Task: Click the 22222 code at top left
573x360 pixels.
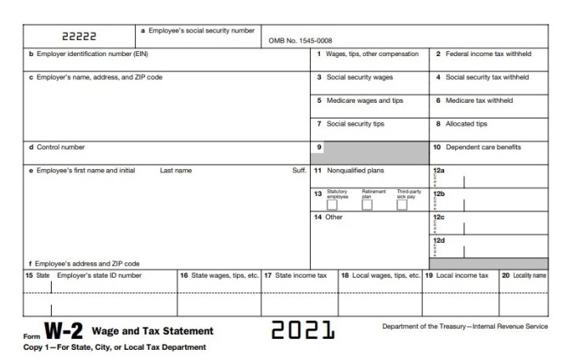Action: (80, 37)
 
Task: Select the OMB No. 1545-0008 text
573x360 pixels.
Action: (300, 40)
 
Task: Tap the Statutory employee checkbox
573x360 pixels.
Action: (332, 205)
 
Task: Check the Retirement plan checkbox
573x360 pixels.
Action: (367, 205)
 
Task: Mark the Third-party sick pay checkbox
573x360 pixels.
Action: (402, 205)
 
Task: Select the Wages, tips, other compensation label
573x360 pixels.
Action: (368, 54)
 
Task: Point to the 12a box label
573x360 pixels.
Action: (439, 171)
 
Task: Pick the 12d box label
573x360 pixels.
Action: (439, 240)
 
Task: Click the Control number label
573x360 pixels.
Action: (57, 147)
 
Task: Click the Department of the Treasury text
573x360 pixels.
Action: (465, 326)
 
